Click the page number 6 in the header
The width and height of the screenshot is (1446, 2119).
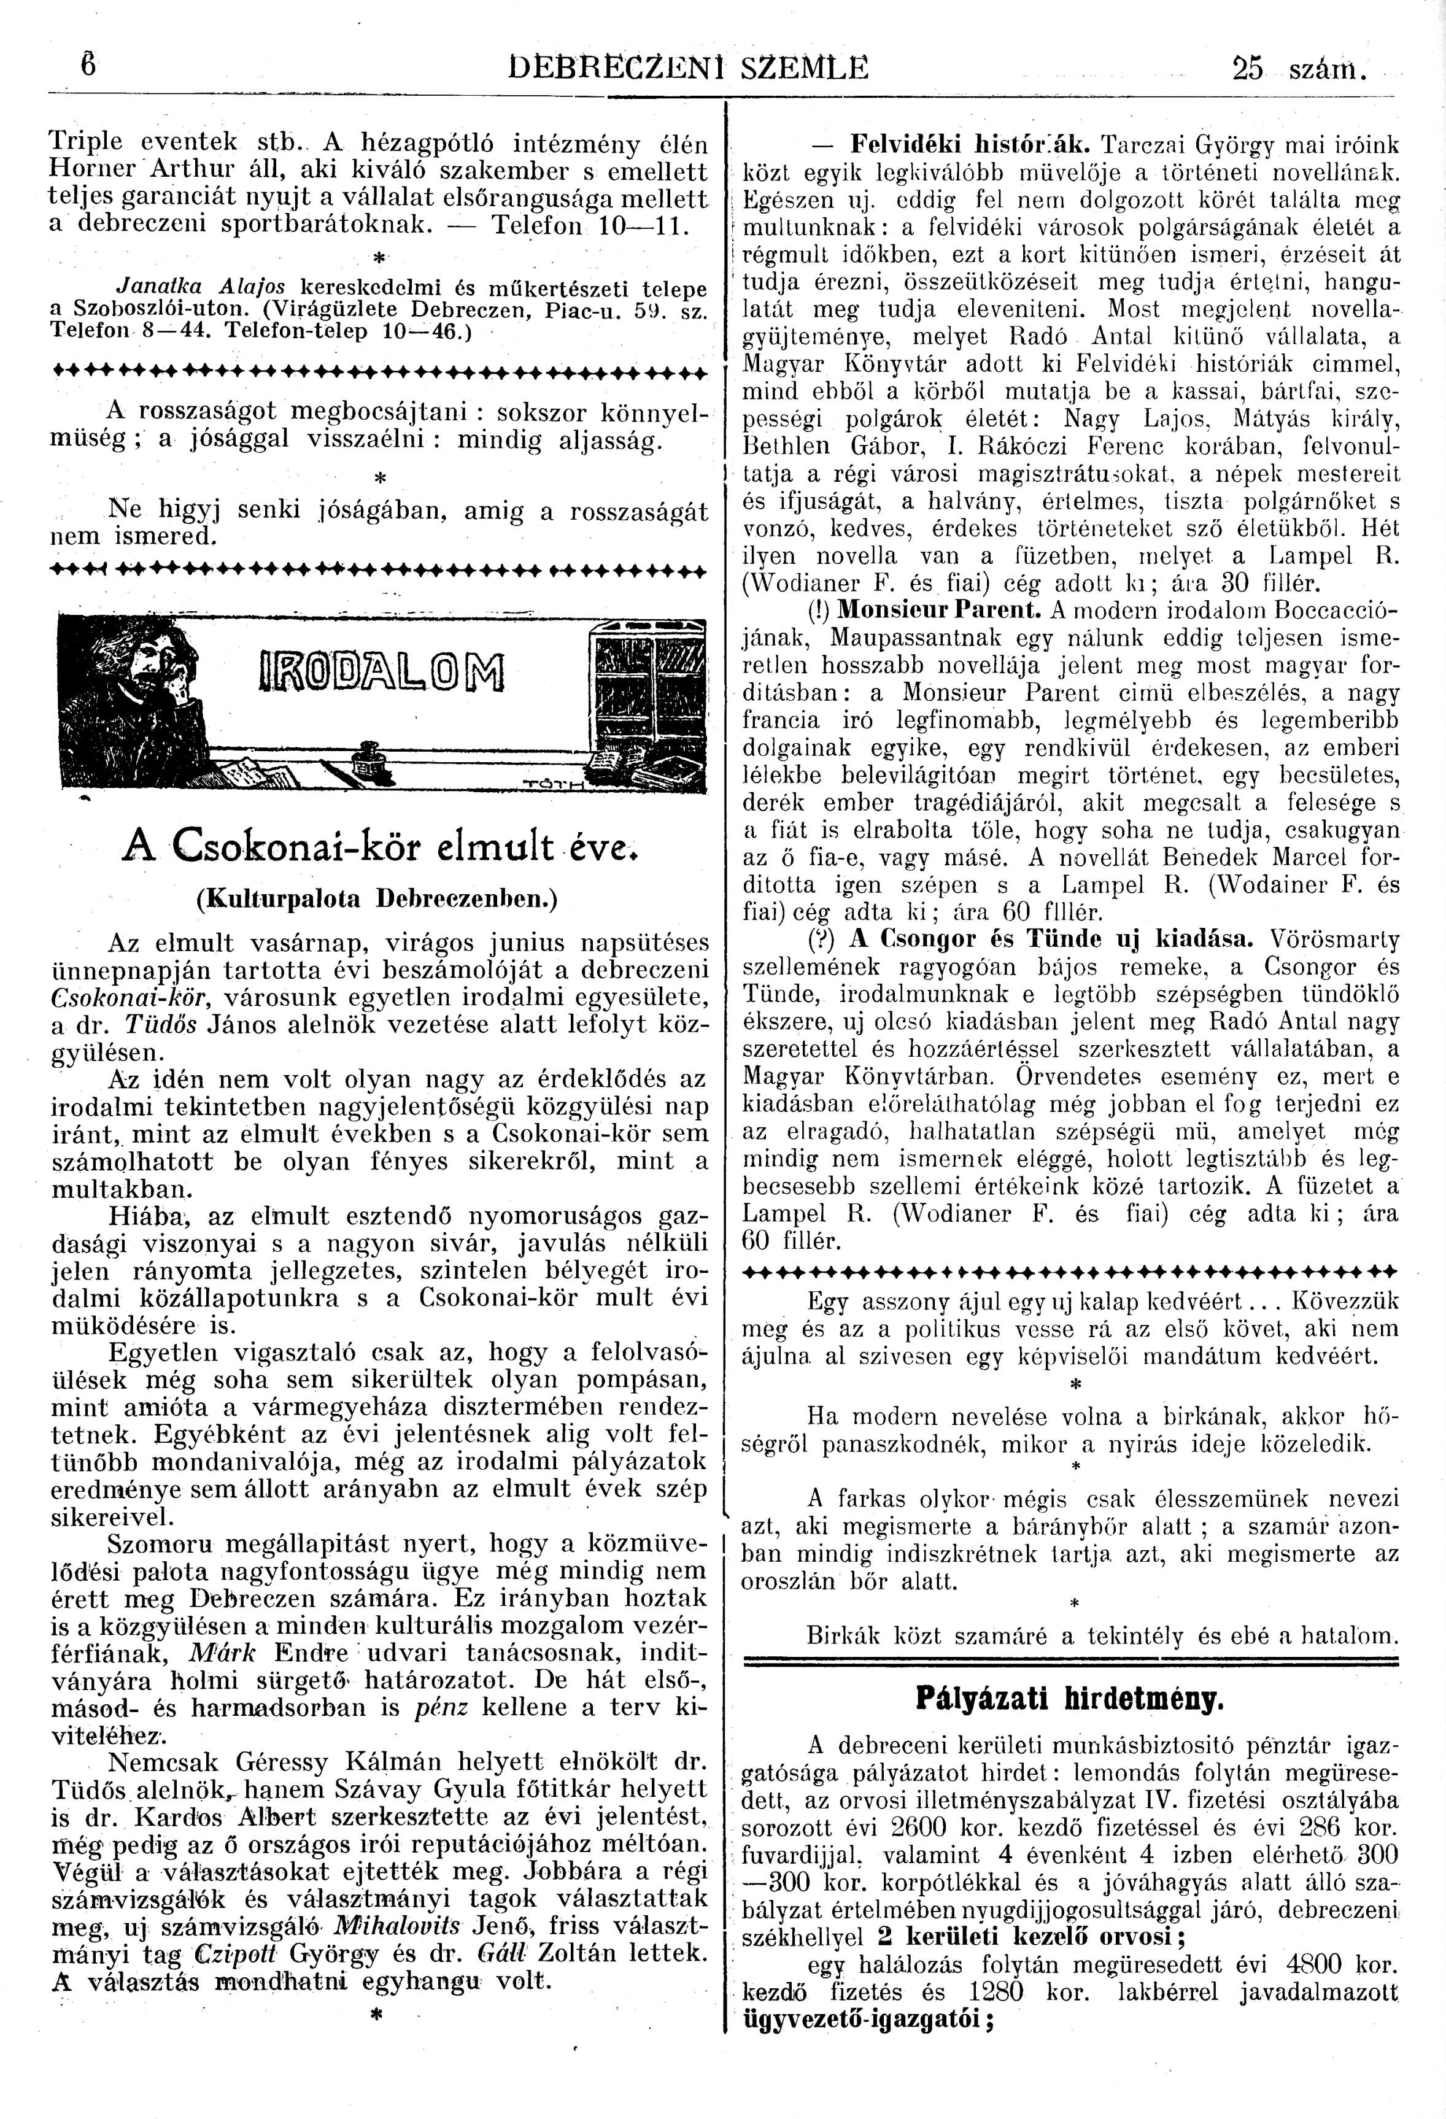[88, 66]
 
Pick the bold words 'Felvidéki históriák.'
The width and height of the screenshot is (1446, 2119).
[970, 144]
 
